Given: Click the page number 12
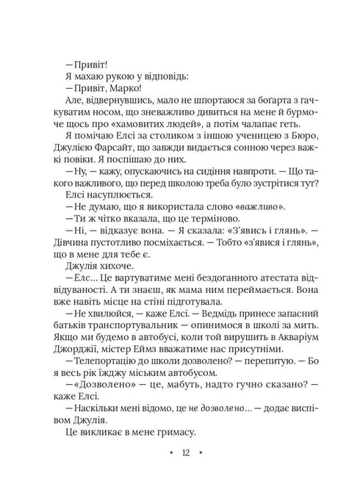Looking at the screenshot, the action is pyautogui.click(x=180, y=473).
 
